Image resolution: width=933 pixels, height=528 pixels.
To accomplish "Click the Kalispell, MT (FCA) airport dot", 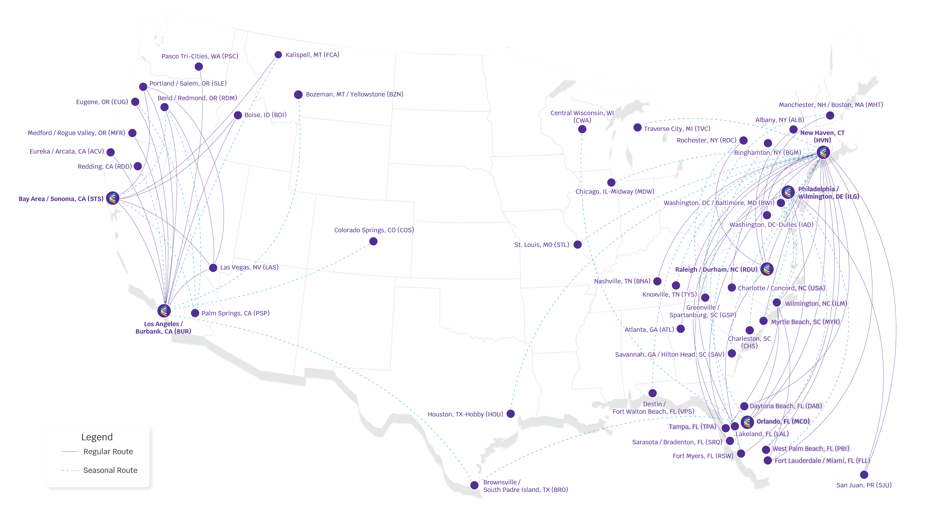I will click(278, 55).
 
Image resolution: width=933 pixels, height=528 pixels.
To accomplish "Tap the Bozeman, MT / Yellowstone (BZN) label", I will click(354, 94).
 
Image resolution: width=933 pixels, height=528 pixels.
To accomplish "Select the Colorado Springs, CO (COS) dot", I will click(373, 242).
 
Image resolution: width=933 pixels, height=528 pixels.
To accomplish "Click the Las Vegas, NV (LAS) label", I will click(249, 267).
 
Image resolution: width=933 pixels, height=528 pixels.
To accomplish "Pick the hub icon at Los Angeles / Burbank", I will click(164, 311).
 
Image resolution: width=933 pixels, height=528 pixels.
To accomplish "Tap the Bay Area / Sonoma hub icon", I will click(113, 198).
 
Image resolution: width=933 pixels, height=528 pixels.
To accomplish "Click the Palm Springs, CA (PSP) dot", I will click(195, 313).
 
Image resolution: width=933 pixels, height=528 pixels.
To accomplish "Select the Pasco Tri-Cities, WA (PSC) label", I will click(200, 56).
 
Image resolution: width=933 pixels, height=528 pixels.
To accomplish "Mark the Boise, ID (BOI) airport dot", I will click(238, 115).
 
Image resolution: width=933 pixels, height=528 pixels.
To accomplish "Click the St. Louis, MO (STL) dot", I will click(578, 244).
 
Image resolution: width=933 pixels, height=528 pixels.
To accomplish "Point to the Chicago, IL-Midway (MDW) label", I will click(615, 192).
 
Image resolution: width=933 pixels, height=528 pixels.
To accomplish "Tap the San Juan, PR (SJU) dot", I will click(864, 474).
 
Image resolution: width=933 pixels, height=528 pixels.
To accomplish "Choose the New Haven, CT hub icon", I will click(823, 152).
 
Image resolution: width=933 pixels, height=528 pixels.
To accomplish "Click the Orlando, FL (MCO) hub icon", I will click(747, 422).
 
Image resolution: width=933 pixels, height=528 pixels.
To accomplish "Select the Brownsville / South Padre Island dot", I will click(474, 485).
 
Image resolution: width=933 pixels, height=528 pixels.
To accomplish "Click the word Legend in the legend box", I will click(97, 437).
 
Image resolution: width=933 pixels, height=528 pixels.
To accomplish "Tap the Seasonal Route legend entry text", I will click(110, 470).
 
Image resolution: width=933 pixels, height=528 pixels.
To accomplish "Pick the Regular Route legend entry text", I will click(108, 452).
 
